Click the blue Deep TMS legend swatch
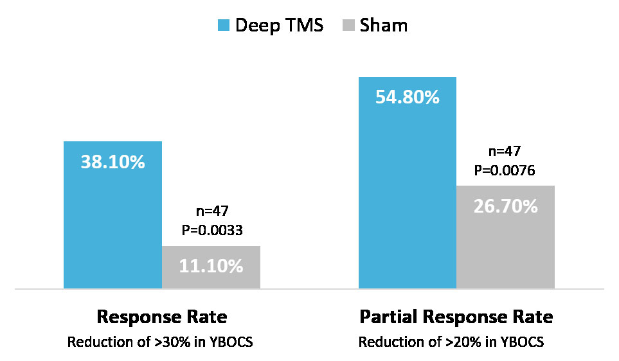[x=224, y=26]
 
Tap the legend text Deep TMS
[x=278, y=26]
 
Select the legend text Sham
[x=384, y=26]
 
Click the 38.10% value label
[x=112, y=162]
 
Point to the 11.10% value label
[x=211, y=265]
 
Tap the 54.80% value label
[x=407, y=98]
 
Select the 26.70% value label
[x=505, y=206]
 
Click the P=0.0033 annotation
[x=211, y=230]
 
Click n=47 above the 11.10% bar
[x=211, y=211]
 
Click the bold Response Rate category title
[x=161, y=318]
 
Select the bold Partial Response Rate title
[x=456, y=318]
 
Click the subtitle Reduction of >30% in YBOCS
[x=160, y=342]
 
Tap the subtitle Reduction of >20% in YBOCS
[x=451, y=342]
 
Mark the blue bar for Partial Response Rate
[x=407, y=193]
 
